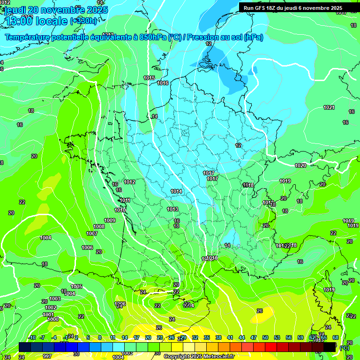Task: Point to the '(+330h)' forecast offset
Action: [84, 21]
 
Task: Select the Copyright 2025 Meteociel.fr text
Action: [199, 356]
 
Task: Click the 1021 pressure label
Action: [329, 108]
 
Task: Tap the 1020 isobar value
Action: [300, 165]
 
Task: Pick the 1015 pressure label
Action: [149, 78]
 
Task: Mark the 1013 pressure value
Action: [172, 209]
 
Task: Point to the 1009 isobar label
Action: [110, 220]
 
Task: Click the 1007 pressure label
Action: [92, 233]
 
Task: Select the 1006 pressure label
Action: [87, 247]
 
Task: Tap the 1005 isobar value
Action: [76, 286]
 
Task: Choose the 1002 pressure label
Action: [51, 307]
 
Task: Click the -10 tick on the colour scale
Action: [32, 337]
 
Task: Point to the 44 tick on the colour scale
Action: [242, 337]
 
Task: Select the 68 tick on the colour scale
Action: [336, 337]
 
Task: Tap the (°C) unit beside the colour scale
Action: [344, 347]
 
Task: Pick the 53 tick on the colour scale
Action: [277, 337]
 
